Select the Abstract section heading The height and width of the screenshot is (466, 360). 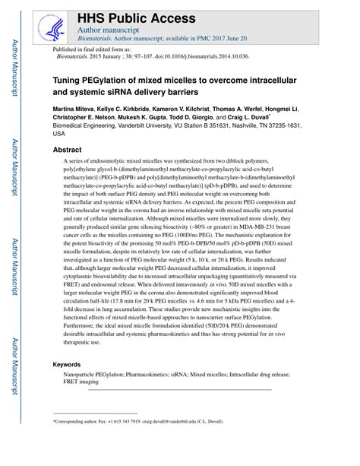70,150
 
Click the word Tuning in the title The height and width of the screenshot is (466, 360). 67,80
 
